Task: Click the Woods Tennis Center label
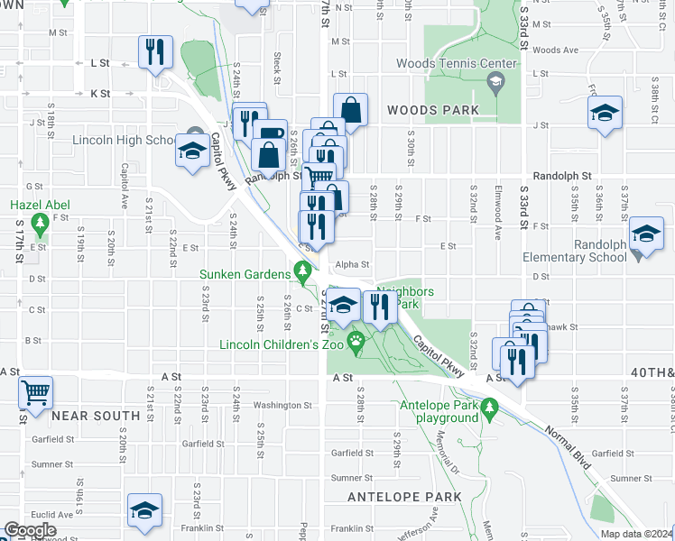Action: pos(457,63)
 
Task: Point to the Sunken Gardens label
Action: pos(243,274)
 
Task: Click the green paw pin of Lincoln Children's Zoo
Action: pos(357,341)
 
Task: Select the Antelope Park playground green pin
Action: pos(489,411)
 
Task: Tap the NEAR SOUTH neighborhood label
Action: pos(96,416)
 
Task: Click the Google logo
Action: pos(30,530)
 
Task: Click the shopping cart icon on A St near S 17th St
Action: pos(35,392)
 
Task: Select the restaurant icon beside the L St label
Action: pos(155,52)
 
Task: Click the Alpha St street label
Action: pos(353,264)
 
